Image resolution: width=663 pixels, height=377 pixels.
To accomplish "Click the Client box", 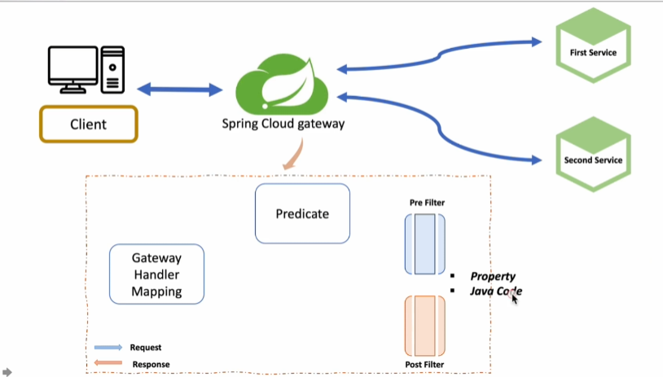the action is click(89, 124).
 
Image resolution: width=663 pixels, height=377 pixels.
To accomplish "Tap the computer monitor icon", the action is click(72, 70).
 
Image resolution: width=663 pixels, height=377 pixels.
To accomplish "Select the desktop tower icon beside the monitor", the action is click(112, 70).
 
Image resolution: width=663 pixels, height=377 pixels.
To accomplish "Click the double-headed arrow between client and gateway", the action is click(180, 90).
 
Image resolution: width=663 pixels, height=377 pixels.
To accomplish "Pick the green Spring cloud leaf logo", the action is click(282, 84).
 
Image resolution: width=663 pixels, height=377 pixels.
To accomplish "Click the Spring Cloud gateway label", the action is click(283, 124).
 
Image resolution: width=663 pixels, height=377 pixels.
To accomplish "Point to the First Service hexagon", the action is click(593, 46).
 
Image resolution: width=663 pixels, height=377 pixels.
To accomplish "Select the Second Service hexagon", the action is click(593, 154).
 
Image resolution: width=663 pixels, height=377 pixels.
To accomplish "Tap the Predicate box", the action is click(302, 213).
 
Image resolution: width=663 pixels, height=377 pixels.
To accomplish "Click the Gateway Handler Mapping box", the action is click(157, 274).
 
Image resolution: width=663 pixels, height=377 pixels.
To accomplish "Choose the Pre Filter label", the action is click(427, 203).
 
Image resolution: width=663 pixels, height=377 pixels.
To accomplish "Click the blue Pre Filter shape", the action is click(425, 243).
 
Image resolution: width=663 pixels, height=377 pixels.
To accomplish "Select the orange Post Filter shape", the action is click(425, 326).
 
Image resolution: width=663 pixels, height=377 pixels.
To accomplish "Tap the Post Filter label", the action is click(424, 364).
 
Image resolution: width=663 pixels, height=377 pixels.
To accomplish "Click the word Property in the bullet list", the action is click(493, 276).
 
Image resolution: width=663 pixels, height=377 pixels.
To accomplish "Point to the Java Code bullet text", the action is click(496, 291).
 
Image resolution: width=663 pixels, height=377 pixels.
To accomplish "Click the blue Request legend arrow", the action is click(108, 348).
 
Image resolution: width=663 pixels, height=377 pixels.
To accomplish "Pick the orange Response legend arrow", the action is click(108, 362).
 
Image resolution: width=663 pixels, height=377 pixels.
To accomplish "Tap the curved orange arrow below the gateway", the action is click(294, 155).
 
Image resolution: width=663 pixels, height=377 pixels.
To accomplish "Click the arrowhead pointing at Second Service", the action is click(536, 160).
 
